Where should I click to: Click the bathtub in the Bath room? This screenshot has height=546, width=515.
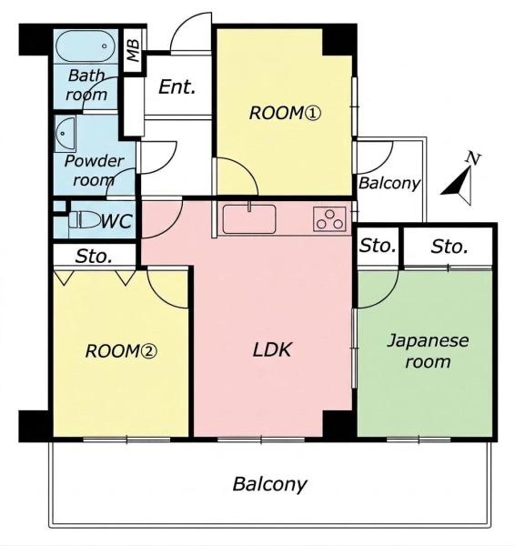tap(86, 46)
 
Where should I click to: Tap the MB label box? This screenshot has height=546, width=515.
tap(134, 50)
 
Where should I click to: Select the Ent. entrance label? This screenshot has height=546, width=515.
tap(177, 86)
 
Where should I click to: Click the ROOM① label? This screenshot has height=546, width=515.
tap(285, 114)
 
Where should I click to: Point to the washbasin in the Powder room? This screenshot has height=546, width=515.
tap(66, 135)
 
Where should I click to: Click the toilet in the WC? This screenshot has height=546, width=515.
tap(85, 220)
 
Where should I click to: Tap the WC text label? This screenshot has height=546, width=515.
tap(117, 221)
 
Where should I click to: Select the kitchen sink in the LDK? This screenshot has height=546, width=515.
tap(249, 219)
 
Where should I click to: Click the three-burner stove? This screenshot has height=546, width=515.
tap(329, 219)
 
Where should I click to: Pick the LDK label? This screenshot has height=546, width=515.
tap(271, 349)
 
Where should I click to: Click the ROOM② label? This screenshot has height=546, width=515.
tap(121, 351)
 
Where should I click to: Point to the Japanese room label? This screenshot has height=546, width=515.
tap(428, 350)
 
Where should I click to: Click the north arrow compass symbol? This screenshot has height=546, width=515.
tap(459, 186)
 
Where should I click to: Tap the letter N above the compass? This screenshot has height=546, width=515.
tap(473, 158)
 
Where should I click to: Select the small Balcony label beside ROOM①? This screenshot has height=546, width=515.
tap(389, 183)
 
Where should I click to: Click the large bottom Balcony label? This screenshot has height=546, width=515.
tap(270, 484)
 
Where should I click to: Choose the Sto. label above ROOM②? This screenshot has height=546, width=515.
tap(94, 257)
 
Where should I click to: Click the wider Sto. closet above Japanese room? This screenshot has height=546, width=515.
tap(449, 247)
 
